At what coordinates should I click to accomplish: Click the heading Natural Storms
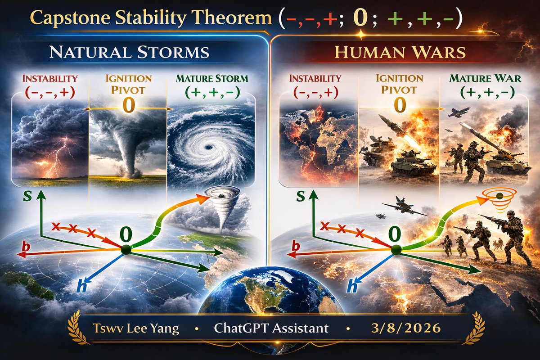tap(129, 52)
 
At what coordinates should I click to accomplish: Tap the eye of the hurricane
tap(208, 146)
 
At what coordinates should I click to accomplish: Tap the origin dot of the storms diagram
tap(126, 249)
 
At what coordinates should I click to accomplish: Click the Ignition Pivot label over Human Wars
tap(400, 84)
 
